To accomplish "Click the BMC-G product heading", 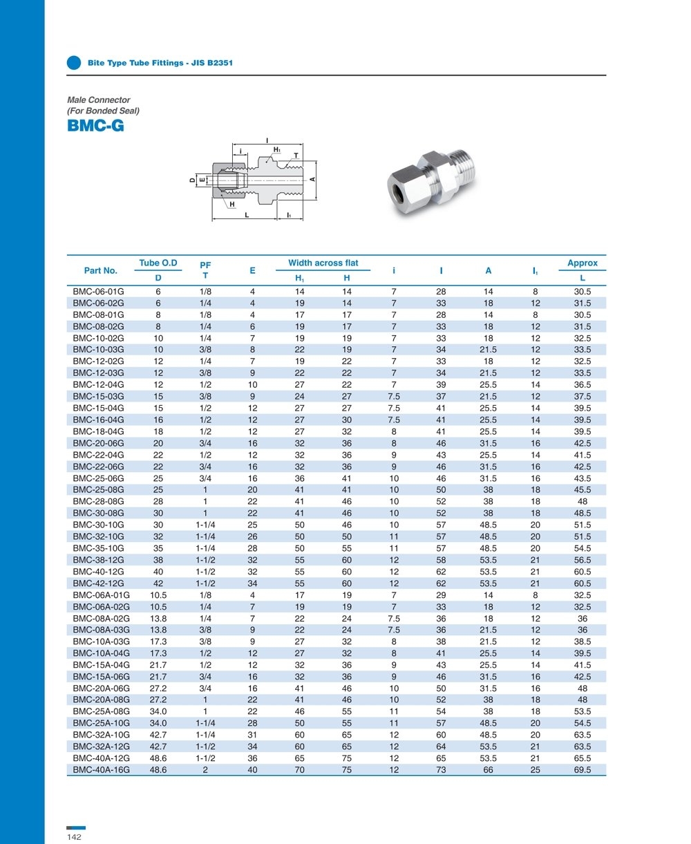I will tap(95, 126).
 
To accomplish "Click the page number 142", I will tap(74, 837).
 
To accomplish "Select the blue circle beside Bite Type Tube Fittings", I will tap(74, 62).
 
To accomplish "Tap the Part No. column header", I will tap(101, 270).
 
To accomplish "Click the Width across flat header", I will tap(323, 263).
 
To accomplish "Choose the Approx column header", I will tap(582, 263).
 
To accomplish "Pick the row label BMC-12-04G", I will tap(98, 384).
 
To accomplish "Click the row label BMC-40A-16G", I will tap(101, 769).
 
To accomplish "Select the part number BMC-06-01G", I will tap(98, 291).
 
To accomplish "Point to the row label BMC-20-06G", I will tap(98, 443).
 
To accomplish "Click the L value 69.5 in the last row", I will tap(583, 769).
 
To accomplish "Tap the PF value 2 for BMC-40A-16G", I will tap(205, 769).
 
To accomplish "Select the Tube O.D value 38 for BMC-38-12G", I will tap(158, 560).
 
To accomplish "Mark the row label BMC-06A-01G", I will tap(101, 595).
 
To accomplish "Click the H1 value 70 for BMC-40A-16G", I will tap(300, 769).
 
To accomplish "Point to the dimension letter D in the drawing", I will tap(192, 180).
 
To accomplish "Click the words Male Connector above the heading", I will tap(98, 100).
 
